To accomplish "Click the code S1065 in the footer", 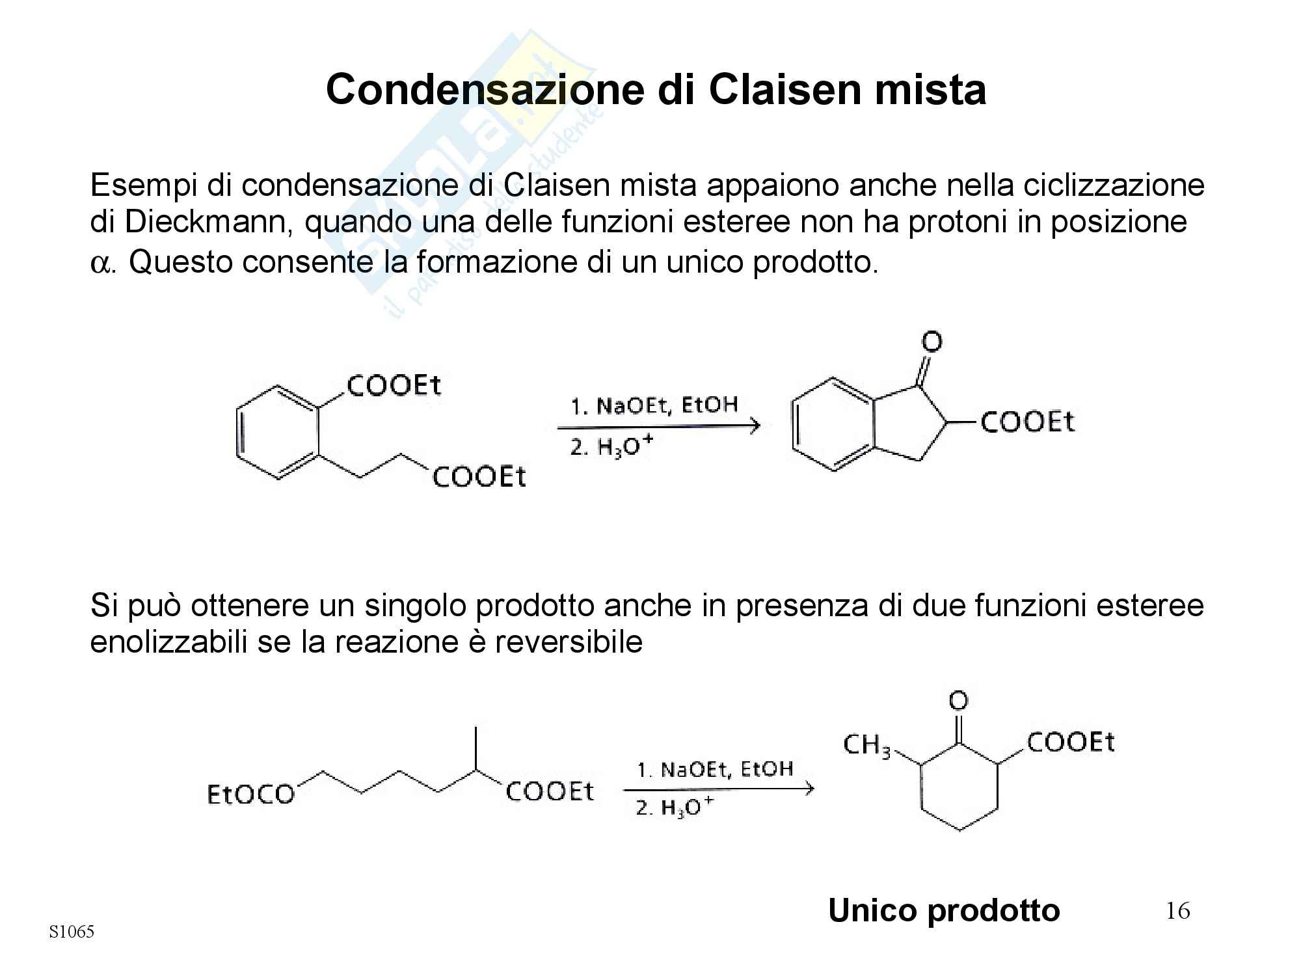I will coord(72,932).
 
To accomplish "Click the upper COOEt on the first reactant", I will coord(394,386).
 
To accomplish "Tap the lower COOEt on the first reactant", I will coord(479,478).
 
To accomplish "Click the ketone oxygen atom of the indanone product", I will coord(932,342).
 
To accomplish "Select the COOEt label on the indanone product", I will coord(1027,422).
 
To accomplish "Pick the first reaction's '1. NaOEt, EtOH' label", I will coord(654,406).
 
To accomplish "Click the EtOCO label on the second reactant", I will coord(250,794).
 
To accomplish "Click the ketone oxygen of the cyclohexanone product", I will coord(958,701).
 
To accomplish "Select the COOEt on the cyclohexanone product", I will coord(1071,742).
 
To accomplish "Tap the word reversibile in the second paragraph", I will coord(569,643).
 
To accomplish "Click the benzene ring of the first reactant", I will coord(278,433).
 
